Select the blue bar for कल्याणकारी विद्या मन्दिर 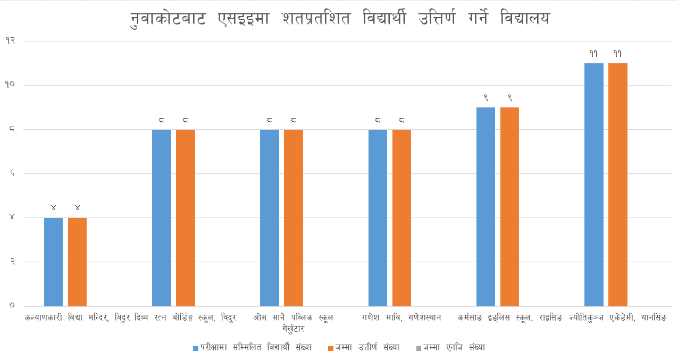53,262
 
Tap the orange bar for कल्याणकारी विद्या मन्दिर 77,262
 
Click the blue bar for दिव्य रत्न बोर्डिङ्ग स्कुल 162,217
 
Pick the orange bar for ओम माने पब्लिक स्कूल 294,217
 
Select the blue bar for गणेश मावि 378,217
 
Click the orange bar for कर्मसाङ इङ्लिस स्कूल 509,206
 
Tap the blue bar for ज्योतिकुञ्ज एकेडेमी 594,185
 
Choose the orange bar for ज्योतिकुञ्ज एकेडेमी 618,185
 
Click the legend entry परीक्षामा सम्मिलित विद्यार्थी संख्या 256,347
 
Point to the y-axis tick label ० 12,306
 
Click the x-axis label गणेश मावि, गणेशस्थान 402,318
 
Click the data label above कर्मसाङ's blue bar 486,98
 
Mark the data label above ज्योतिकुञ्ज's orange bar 618,54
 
